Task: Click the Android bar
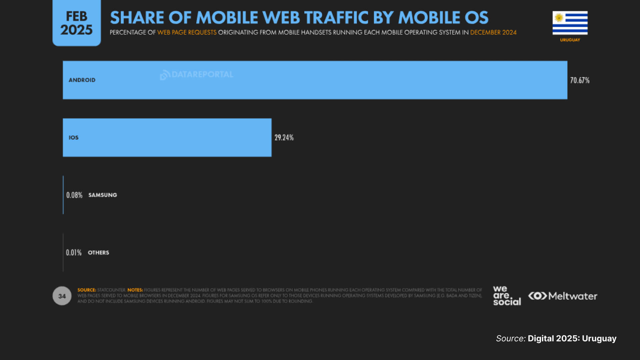coord(315,80)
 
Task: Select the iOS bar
coord(167,137)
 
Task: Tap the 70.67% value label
coord(580,80)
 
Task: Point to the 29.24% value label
coord(284,138)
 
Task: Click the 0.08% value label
coord(74,195)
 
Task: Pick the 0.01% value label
coord(74,253)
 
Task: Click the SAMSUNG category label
coord(103,195)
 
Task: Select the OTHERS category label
coord(98,253)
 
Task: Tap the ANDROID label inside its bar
coord(82,80)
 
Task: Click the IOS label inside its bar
coord(74,138)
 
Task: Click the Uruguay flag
coord(570,23)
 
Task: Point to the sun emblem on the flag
coord(559,17)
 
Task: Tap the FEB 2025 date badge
coord(77,23)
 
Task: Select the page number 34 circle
coord(62,296)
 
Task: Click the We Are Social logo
coord(507,296)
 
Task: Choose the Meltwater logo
coord(563,296)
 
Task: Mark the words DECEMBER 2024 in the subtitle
coord(493,32)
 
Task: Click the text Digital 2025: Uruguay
coord(572,338)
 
